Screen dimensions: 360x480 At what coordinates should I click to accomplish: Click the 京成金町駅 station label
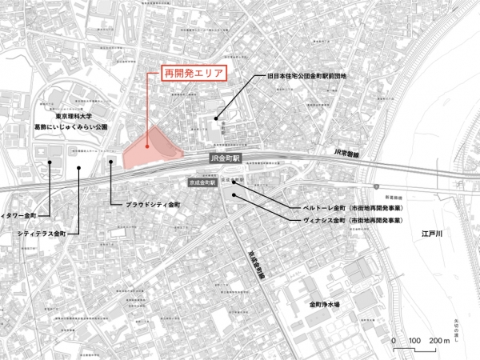[x=203, y=183]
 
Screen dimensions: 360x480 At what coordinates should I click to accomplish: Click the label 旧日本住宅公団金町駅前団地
[x=306, y=77]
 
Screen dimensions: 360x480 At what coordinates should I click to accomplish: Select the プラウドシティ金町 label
[x=154, y=205]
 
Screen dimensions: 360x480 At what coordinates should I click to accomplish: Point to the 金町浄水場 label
[x=325, y=305]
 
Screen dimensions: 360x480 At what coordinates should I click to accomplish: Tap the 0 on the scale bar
[x=394, y=342]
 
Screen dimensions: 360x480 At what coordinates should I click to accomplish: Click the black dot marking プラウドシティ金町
[x=110, y=160]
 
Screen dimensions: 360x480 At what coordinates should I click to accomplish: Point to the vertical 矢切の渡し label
[x=457, y=327]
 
